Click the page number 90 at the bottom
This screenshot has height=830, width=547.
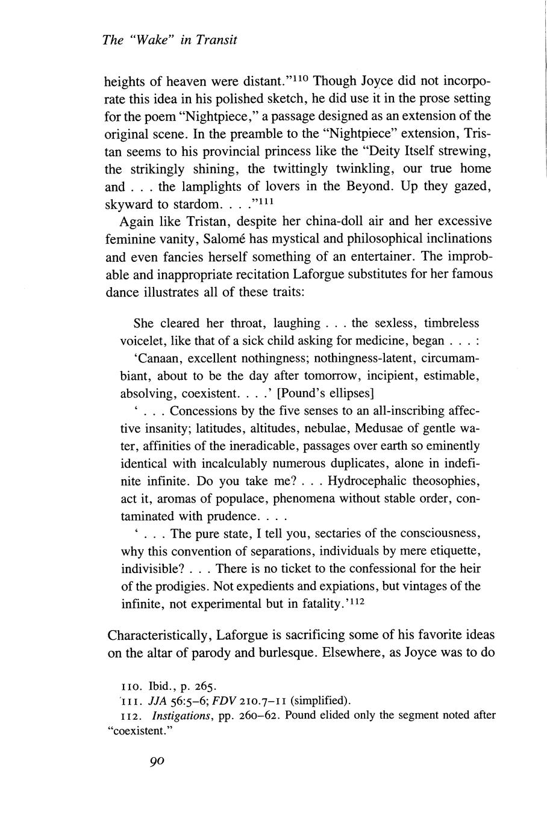157,761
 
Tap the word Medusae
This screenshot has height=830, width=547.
384,429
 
